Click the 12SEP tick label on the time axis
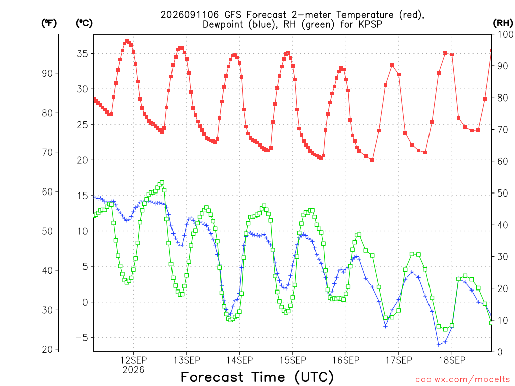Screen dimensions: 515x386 [133, 360]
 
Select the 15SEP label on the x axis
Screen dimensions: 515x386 [293, 360]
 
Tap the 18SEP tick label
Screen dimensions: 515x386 [452, 360]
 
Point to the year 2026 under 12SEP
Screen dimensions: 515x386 [133, 370]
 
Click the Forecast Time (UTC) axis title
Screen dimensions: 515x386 [257, 377]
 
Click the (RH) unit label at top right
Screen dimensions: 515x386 [503, 23]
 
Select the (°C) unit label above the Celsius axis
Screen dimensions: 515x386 [84, 23]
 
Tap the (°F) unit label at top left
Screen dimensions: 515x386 [49, 23]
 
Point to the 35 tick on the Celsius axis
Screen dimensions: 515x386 [82, 54]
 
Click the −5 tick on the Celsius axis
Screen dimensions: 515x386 [82, 338]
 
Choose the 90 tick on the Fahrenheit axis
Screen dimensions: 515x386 [47, 73]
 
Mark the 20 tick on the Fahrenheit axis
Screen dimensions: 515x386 [47, 350]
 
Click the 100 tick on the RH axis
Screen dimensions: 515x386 [506, 34]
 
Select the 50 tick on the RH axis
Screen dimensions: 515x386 [503, 194]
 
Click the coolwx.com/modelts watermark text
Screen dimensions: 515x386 [463, 380]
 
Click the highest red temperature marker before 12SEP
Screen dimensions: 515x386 [126, 41]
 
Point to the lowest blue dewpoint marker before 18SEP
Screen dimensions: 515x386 [439, 345]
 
